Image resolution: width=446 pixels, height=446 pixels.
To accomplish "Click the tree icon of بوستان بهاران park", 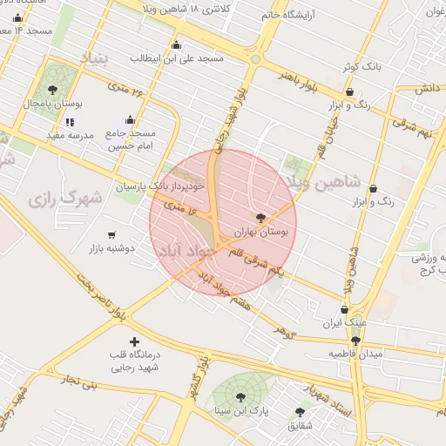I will coord(260,218).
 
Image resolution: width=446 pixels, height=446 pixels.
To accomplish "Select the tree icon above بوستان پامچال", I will coord(53,89).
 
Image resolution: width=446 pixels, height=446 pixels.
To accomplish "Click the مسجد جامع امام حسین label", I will coord(131,140).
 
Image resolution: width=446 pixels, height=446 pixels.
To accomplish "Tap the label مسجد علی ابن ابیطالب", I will coord(177,58).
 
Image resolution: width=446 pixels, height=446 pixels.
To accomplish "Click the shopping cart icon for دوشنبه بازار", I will coord(111,234).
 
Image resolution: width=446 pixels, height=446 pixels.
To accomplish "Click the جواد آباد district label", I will coord(185,251).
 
